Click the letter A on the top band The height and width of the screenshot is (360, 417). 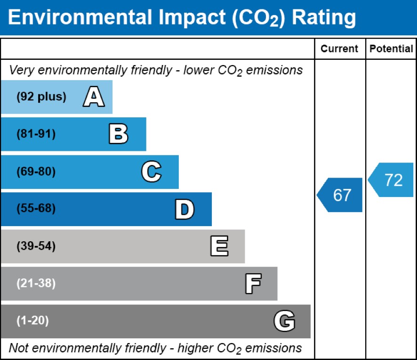pos(94,97)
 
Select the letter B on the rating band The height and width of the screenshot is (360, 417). pos(118,134)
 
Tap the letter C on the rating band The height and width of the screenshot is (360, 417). pos(152,172)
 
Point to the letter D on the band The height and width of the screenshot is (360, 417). pos(184,209)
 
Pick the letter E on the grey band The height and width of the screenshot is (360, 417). pos(219,246)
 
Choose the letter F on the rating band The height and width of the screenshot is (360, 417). pos(253,284)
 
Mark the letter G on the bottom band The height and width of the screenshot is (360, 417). pos(284,321)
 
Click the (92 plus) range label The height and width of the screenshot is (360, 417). pos(41,97)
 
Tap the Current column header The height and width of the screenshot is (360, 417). pos(339,49)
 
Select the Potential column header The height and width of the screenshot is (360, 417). pos(391,49)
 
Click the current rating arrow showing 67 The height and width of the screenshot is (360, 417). pos(340,195)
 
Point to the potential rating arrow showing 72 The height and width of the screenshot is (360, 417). pos(392,180)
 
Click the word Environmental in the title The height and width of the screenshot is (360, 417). pos(77,18)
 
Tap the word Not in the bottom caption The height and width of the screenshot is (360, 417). pos(18,348)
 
